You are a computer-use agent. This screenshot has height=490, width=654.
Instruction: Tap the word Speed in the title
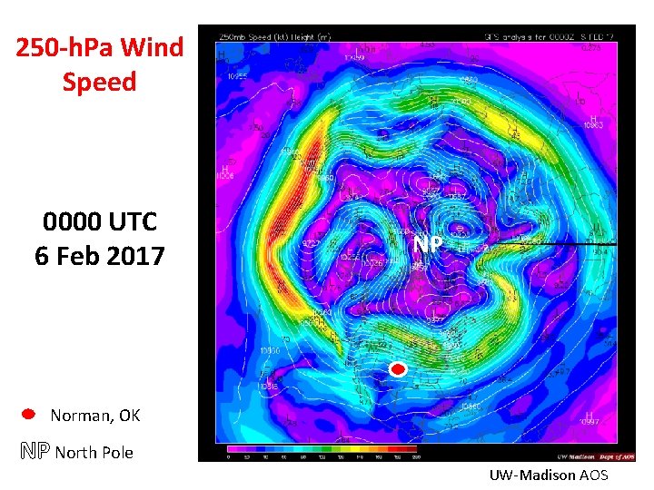click(x=100, y=82)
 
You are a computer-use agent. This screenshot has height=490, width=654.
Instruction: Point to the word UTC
click(x=131, y=221)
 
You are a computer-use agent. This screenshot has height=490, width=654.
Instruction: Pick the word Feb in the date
click(x=86, y=256)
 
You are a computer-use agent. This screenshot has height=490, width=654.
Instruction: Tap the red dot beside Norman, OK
click(x=28, y=414)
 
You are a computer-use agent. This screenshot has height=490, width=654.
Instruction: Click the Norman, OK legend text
click(x=95, y=416)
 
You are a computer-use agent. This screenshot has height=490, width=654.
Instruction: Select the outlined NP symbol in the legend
click(x=34, y=451)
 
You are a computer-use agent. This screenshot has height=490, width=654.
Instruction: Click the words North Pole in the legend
click(x=94, y=452)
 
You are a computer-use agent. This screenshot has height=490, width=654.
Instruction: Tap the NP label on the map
click(x=427, y=245)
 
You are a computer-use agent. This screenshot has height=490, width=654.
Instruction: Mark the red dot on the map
click(x=396, y=369)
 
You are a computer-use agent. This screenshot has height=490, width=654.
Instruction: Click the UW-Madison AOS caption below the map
click(x=549, y=475)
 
